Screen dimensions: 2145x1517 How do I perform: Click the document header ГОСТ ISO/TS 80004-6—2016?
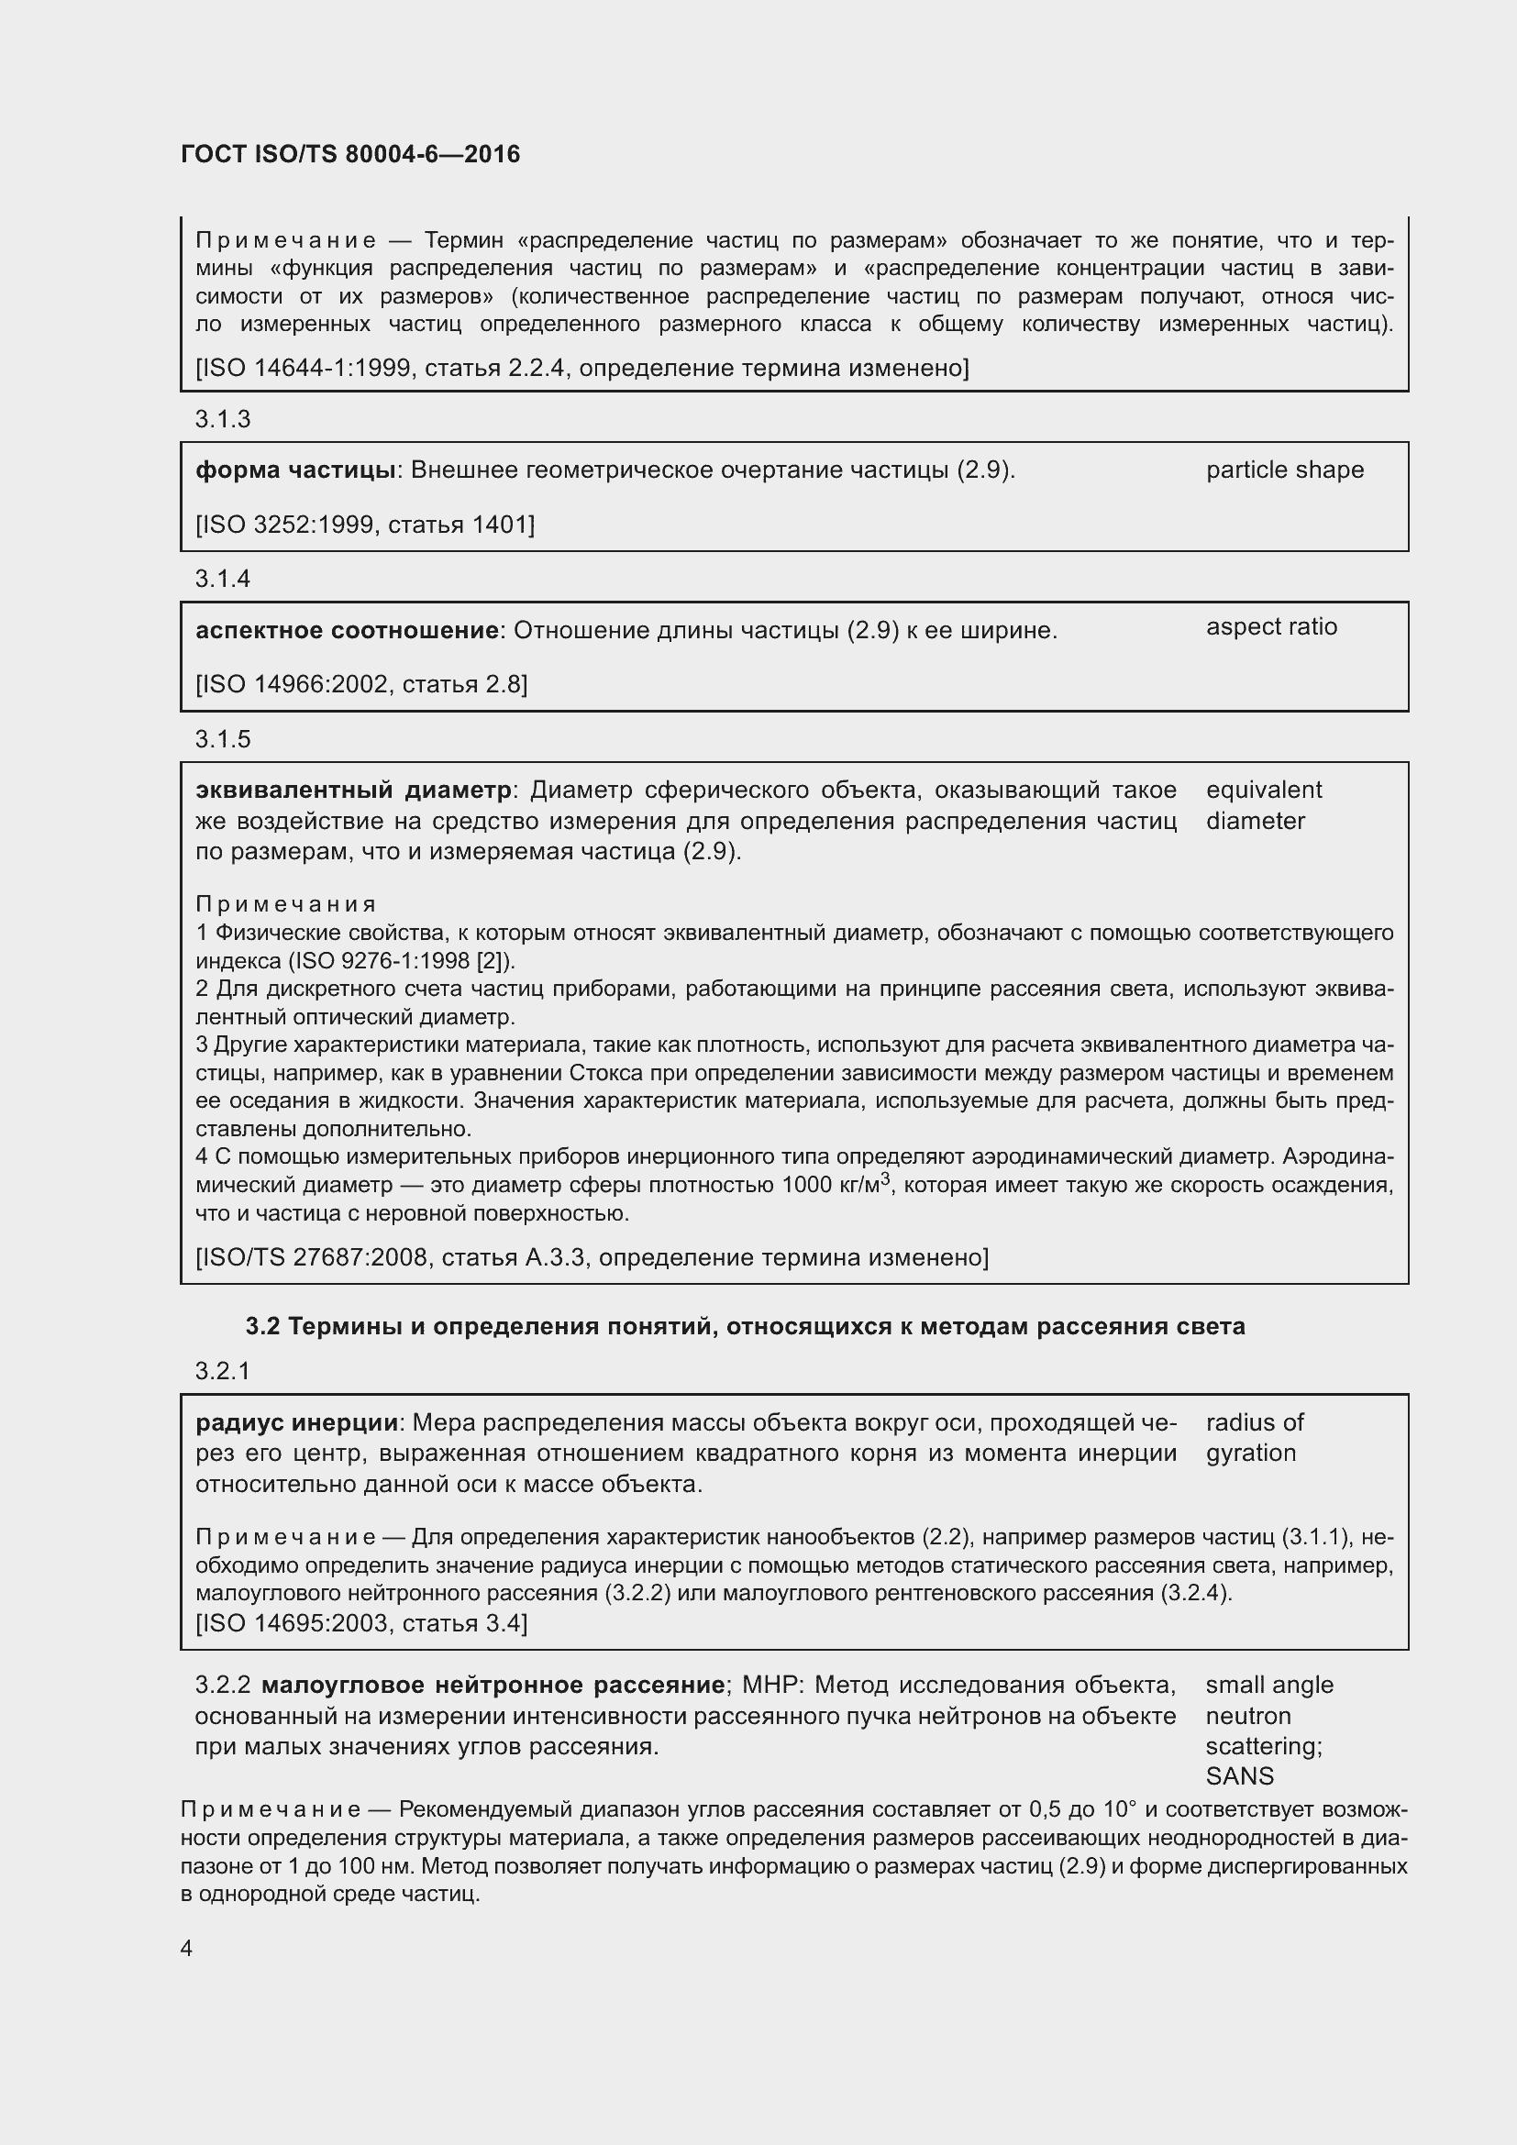(x=350, y=154)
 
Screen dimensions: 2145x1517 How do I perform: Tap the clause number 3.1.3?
(x=222, y=419)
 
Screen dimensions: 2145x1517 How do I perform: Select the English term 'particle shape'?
(x=1284, y=470)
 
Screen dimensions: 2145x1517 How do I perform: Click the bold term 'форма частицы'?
(x=296, y=470)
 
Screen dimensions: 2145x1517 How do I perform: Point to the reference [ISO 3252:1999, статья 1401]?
(x=364, y=525)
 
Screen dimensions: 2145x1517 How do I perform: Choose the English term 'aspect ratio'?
(x=1271, y=627)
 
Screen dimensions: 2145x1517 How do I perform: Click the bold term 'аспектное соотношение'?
(x=347, y=631)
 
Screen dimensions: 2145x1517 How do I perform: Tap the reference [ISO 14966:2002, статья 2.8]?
(x=360, y=685)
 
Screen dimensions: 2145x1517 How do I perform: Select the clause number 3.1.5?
(x=222, y=739)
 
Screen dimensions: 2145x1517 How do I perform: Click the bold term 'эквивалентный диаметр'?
(x=353, y=791)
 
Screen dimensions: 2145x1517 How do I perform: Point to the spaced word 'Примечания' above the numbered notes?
(x=286, y=904)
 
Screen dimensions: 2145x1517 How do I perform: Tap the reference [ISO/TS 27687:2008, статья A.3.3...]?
(x=592, y=1257)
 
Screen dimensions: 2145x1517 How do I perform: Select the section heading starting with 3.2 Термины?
(x=745, y=1327)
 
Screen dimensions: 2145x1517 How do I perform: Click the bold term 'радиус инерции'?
(x=297, y=1423)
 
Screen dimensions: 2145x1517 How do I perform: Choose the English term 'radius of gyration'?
(x=1254, y=1438)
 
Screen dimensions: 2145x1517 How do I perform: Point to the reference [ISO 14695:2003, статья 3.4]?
(x=360, y=1623)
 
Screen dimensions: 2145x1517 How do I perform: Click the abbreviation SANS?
(x=1240, y=1776)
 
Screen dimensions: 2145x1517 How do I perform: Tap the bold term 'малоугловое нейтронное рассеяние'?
(x=493, y=1686)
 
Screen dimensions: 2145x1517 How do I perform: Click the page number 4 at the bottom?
(x=187, y=1948)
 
